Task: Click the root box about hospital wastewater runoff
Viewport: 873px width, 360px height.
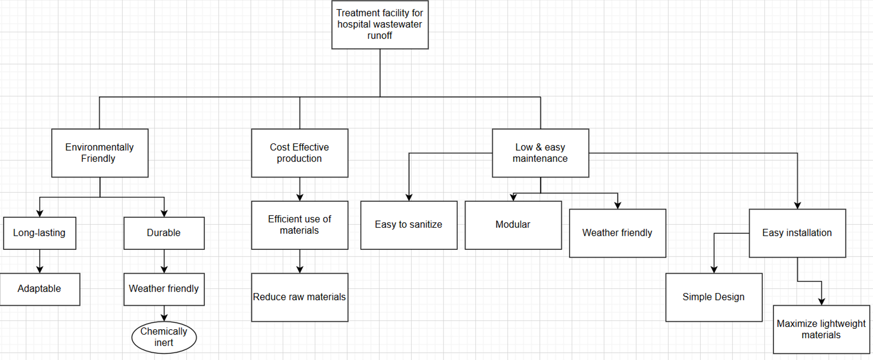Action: click(x=379, y=25)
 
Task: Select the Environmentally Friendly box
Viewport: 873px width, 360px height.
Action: click(x=100, y=153)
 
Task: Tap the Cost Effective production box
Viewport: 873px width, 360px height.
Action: click(x=300, y=153)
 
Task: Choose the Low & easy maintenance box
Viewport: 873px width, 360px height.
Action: click(x=540, y=153)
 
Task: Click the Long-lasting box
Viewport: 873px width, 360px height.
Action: click(x=39, y=233)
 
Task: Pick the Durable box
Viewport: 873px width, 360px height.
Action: click(x=164, y=233)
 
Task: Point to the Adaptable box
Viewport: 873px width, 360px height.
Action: click(x=39, y=289)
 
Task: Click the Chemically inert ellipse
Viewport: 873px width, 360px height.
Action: click(x=164, y=337)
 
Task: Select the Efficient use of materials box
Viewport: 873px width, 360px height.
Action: click(x=300, y=225)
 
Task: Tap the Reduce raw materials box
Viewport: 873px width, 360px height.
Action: click(x=300, y=297)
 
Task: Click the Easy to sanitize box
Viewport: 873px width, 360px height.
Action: click(x=408, y=225)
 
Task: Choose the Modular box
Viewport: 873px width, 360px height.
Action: click(x=513, y=225)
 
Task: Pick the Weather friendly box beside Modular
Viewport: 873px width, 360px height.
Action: click(x=617, y=233)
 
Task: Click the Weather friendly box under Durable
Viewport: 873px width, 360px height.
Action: click(x=164, y=289)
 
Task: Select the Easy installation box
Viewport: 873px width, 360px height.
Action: click(x=797, y=233)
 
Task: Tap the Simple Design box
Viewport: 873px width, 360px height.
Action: click(x=714, y=297)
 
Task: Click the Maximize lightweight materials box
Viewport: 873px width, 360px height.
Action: click(x=821, y=329)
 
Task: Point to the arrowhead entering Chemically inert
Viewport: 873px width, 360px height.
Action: click(x=164, y=318)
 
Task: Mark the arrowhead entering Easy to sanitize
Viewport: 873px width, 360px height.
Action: click(x=409, y=197)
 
